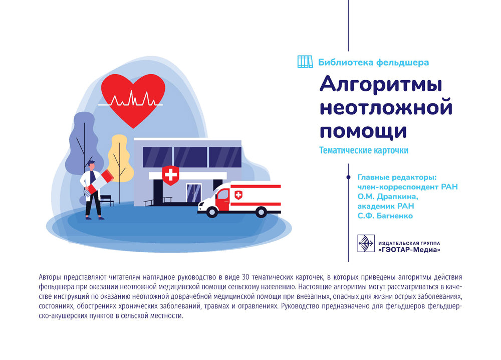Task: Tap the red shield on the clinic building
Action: (x=171, y=174)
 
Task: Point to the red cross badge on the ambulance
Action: (x=238, y=195)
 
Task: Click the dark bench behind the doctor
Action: (x=106, y=199)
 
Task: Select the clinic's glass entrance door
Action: (x=193, y=194)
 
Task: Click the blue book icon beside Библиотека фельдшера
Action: (x=305, y=62)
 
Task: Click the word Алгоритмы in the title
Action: (x=381, y=84)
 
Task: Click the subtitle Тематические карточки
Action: (x=364, y=150)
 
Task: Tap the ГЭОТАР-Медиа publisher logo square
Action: (x=365, y=244)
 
